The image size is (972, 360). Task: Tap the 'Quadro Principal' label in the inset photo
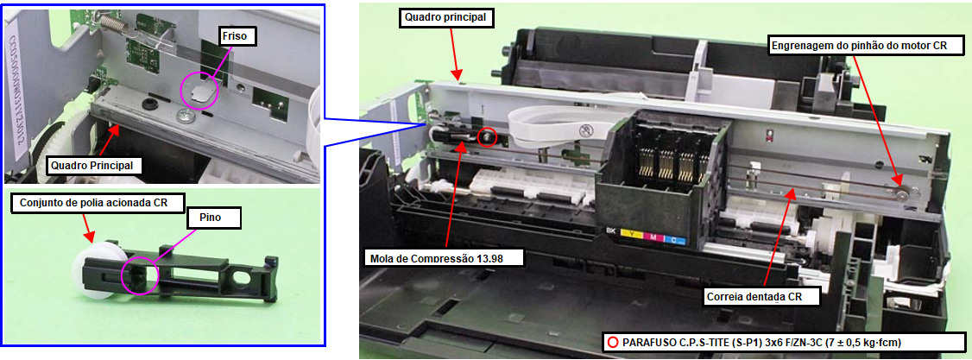coord(93,166)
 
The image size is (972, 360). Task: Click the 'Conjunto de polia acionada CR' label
coord(93,203)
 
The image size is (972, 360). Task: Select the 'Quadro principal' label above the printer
coord(446,19)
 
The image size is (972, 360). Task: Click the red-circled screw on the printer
coord(488,137)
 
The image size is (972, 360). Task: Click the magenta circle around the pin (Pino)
coord(140,275)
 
